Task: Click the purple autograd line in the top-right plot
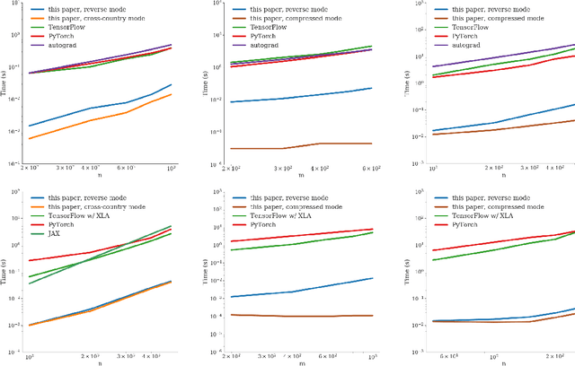503,54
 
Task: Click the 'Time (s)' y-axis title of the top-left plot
8,86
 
